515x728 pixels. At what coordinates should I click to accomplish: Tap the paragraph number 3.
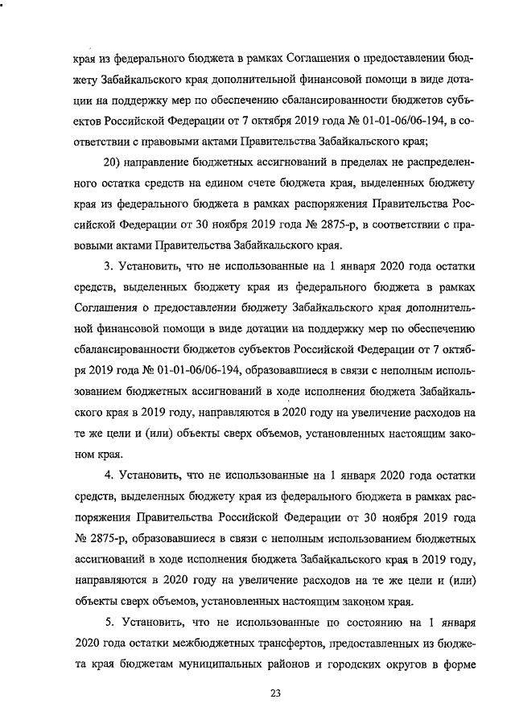coord(109,265)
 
